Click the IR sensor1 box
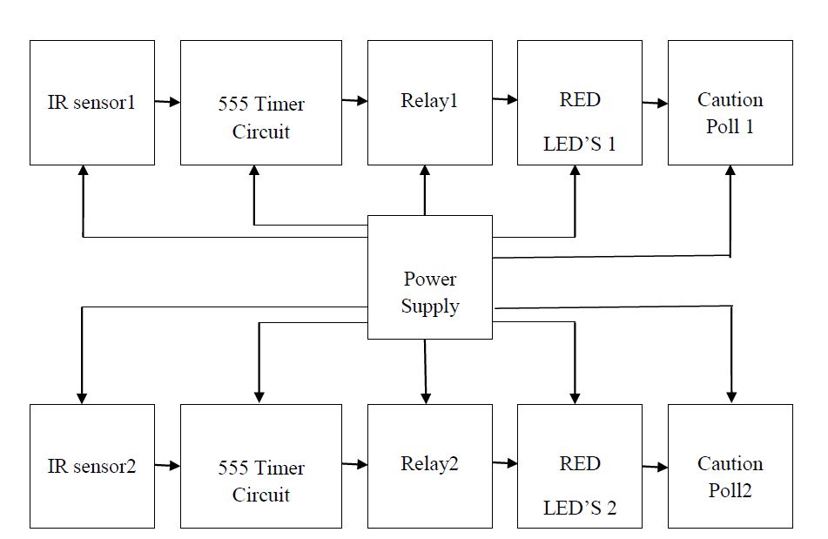pyautogui.click(x=92, y=103)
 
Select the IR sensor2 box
pyautogui.click(x=92, y=466)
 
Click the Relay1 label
pyautogui.click(x=429, y=101)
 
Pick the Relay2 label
pyautogui.click(x=429, y=464)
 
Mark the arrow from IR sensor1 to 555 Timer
pyautogui.click(x=167, y=103)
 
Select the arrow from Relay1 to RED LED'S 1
pyautogui.click(x=505, y=99)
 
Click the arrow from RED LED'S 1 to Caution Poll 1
pyautogui.click(x=655, y=104)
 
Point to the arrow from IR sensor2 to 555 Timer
pyautogui.click(x=167, y=467)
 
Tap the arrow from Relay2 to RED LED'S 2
pyautogui.click(x=505, y=463)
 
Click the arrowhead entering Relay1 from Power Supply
pyautogui.click(x=425, y=172)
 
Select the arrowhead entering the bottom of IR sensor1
pyautogui.click(x=83, y=172)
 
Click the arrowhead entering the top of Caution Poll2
pyautogui.click(x=731, y=396)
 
